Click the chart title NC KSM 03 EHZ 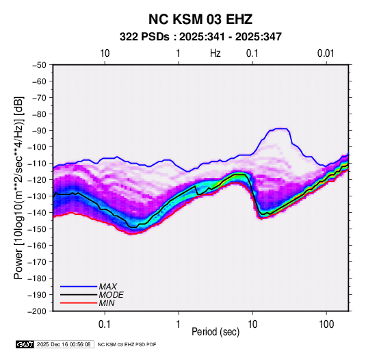tap(200, 19)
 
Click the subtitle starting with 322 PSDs tap(200, 37)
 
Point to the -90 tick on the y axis tap(40, 130)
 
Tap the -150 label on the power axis tap(38, 229)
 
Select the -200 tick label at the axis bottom tap(38, 311)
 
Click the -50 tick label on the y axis tap(40, 65)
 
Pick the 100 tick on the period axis tap(326, 324)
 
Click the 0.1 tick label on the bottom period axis tap(105, 324)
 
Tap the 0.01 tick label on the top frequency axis tap(326, 53)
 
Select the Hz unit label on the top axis tap(215, 53)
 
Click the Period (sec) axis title tap(215, 332)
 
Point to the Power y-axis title tap(18, 188)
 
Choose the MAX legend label tap(107, 286)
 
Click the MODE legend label tap(111, 295)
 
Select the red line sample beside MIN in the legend tap(79, 303)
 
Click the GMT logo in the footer tap(25, 344)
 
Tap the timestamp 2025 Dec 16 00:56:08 tap(64, 344)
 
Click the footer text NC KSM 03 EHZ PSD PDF tap(127, 344)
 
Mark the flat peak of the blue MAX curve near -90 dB tap(280, 129)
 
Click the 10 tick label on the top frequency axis tap(105, 53)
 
